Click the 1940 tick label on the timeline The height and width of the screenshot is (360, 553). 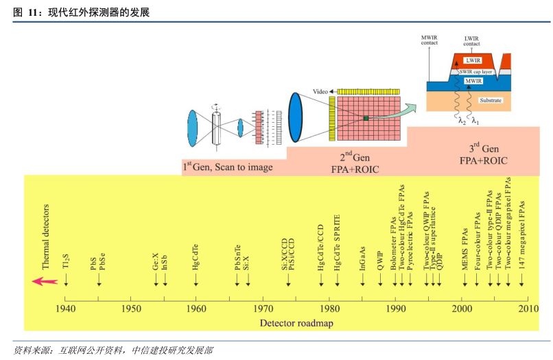tap(65, 309)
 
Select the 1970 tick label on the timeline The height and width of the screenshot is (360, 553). tap(263, 309)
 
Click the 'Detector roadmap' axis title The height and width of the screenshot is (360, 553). tap(296, 323)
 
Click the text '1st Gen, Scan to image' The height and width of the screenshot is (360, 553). tap(227, 167)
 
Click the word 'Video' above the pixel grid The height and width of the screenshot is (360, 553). tap(320, 91)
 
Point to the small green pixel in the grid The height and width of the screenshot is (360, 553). tap(366, 119)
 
